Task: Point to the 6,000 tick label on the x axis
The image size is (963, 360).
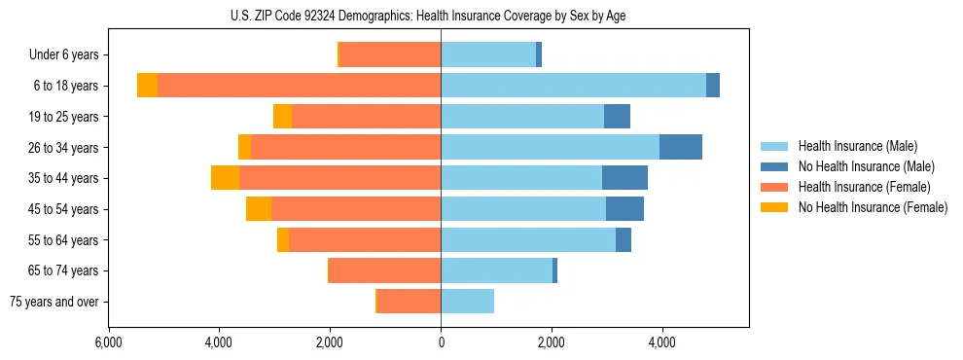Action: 108,342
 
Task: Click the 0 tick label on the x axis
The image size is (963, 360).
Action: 441,342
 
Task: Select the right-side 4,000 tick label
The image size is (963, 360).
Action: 662,342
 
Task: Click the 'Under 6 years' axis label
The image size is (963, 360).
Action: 63,55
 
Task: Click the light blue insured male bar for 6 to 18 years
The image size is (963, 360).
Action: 573,86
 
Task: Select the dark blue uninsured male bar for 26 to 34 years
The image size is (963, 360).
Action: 681,147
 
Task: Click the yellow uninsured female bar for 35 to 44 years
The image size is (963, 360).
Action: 225,178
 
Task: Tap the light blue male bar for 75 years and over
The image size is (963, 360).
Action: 467,302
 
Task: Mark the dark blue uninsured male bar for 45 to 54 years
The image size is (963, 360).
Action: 624,209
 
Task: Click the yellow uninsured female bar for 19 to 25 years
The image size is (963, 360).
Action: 282,117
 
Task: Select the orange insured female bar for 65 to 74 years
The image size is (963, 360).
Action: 385,270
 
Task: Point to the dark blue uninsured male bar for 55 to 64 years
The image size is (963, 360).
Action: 624,239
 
